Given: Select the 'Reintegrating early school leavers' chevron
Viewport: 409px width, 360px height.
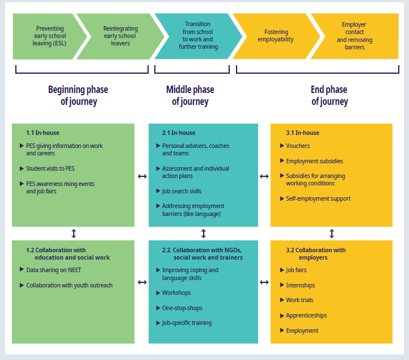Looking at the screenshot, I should pyautogui.click(x=120, y=36).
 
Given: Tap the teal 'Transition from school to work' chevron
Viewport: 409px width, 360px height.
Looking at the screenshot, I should pyautogui.click(x=197, y=36).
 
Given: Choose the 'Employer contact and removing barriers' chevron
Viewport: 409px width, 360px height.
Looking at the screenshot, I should pyautogui.click(x=353, y=36).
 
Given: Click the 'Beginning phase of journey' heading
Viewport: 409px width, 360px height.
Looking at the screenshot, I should pyautogui.click(x=78, y=96).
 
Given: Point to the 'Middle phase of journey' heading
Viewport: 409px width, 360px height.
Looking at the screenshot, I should pyautogui.click(x=190, y=96).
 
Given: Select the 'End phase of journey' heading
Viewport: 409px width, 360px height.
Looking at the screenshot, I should pyautogui.click(x=329, y=96).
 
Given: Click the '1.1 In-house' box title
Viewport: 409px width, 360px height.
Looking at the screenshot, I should pyautogui.click(x=43, y=133).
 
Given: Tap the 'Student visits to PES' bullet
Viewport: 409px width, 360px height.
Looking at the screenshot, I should pyautogui.click(x=50, y=168).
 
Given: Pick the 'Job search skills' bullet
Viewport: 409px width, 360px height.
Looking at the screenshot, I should pyautogui.click(x=182, y=191).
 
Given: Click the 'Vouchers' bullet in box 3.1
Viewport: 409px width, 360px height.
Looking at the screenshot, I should pyautogui.click(x=298, y=146).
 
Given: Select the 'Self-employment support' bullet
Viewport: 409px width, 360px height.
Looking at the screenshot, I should pyautogui.click(x=318, y=198).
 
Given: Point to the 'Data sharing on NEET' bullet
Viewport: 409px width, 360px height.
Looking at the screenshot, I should pyautogui.click(x=53, y=270).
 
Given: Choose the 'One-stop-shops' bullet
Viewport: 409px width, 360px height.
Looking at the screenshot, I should pyautogui.click(x=182, y=308).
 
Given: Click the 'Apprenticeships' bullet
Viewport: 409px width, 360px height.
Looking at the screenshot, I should pyautogui.click(x=306, y=315).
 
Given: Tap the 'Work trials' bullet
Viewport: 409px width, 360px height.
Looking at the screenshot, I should pyautogui.click(x=300, y=300).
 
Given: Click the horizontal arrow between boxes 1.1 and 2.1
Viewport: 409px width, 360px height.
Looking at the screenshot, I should pyautogui.click(x=142, y=176).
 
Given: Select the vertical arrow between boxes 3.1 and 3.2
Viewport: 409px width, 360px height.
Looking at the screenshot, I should pyautogui.click(x=332, y=234).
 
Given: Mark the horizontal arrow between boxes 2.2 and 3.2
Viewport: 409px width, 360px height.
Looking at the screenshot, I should pyautogui.click(x=264, y=282).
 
